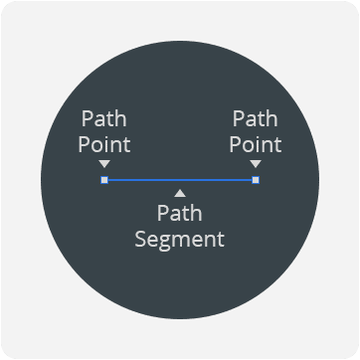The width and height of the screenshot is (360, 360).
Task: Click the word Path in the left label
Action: tap(104, 119)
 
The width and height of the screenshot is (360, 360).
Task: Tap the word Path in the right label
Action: tap(256, 119)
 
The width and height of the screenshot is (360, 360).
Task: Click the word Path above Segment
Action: tap(179, 215)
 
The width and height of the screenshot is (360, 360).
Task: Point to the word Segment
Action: tap(179, 240)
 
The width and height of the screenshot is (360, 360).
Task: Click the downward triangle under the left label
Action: tap(104, 164)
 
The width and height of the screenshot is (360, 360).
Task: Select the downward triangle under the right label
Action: tap(256, 164)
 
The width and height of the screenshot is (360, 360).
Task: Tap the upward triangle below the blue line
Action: tap(179, 192)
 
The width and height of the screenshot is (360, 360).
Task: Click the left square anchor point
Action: tap(104, 180)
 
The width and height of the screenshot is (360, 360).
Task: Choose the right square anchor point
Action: tap(256, 180)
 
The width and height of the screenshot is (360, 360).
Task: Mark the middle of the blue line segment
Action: tap(180, 180)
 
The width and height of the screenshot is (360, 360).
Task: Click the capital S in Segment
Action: tap(140, 240)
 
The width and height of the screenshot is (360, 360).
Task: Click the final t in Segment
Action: tap(221, 240)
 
